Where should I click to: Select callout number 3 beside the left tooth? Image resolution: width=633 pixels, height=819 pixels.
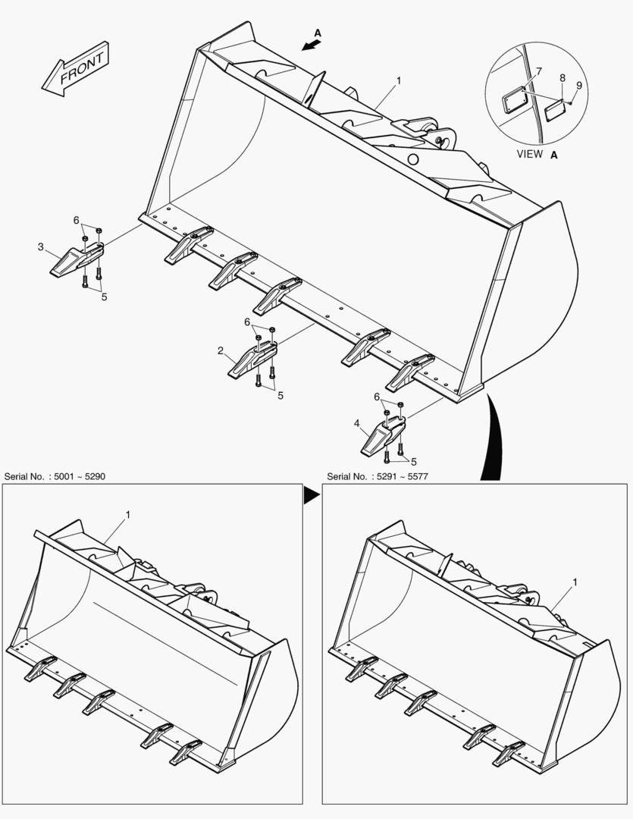(41, 246)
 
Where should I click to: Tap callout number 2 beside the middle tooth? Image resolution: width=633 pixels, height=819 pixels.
(220, 351)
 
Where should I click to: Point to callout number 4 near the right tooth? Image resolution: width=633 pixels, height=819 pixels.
(356, 424)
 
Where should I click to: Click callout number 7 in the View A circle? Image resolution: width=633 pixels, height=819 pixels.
(538, 71)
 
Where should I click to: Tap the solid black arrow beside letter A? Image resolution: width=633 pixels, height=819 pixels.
(309, 45)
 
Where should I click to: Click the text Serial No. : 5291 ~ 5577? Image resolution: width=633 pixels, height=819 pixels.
(381, 476)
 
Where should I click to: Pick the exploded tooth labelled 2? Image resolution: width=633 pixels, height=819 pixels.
(253, 359)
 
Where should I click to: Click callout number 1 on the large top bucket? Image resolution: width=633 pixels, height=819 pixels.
(399, 80)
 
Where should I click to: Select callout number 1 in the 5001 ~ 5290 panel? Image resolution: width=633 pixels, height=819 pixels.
(128, 515)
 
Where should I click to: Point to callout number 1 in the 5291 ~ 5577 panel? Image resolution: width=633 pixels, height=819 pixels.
(575, 582)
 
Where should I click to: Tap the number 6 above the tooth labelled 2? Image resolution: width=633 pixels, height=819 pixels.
(247, 322)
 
